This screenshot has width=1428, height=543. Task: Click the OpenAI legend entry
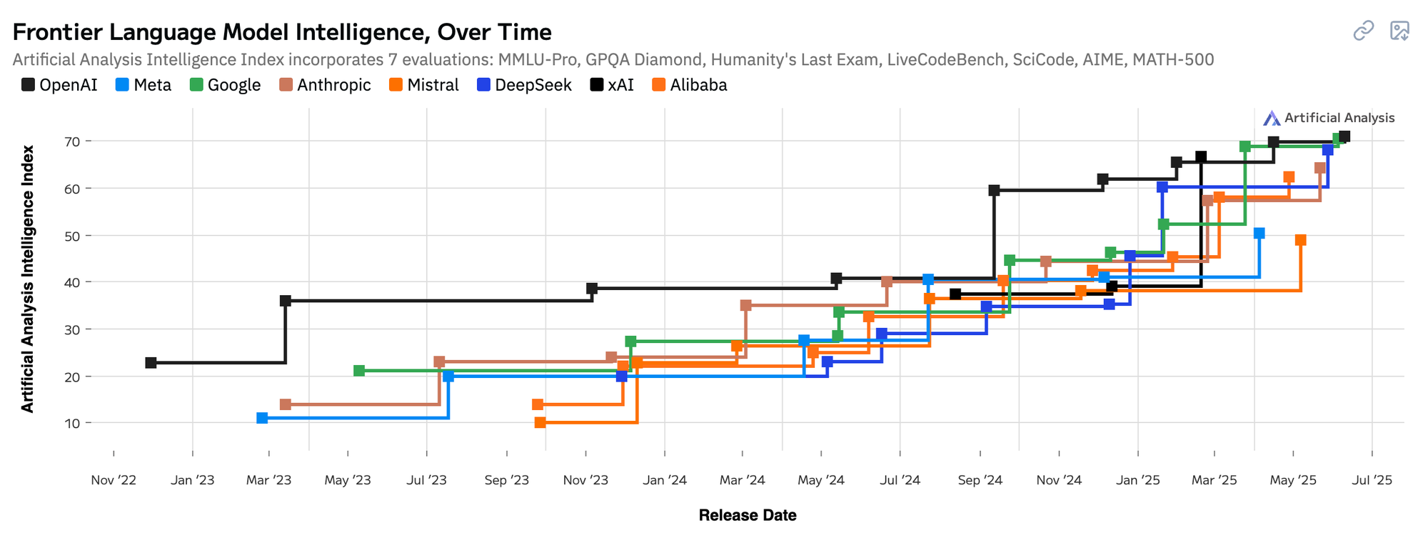pyautogui.click(x=59, y=85)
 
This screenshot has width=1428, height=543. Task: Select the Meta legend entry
pyautogui.click(x=144, y=85)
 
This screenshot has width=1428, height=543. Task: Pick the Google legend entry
pyautogui.click(x=226, y=85)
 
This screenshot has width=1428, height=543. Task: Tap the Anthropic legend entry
pyautogui.click(x=326, y=85)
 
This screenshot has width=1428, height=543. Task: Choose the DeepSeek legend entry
pyautogui.click(x=525, y=85)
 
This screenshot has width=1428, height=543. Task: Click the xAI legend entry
pyautogui.click(x=612, y=85)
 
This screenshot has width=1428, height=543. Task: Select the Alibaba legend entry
pyautogui.click(x=690, y=85)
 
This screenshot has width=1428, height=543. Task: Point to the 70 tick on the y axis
pyautogui.click(x=73, y=141)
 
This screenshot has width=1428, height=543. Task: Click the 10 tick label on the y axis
pyautogui.click(x=73, y=424)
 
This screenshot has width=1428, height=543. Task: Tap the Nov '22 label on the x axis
pyautogui.click(x=114, y=480)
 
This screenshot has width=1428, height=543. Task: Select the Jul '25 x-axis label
pyautogui.click(x=1372, y=480)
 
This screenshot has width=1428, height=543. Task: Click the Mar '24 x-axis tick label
pyautogui.click(x=743, y=480)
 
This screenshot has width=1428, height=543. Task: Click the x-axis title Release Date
pyautogui.click(x=747, y=515)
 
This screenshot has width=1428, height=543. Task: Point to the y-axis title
pyautogui.click(x=28, y=279)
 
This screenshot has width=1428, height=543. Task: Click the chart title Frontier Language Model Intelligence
pyautogui.click(x=282, y=32)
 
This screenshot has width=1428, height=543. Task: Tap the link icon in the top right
pyautogui.click(x=1364, y=31)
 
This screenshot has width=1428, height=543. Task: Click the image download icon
pyautogui.click(x=1399, y=31)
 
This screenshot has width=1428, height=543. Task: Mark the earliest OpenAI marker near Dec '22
pyautogui.click(x=151, y=363)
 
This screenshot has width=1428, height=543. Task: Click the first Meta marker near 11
pyautogui.click(x=262, y=418)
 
